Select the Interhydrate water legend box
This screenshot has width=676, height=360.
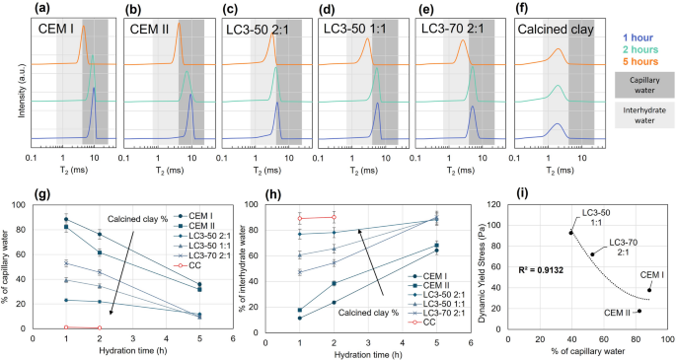pos(642,117)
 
